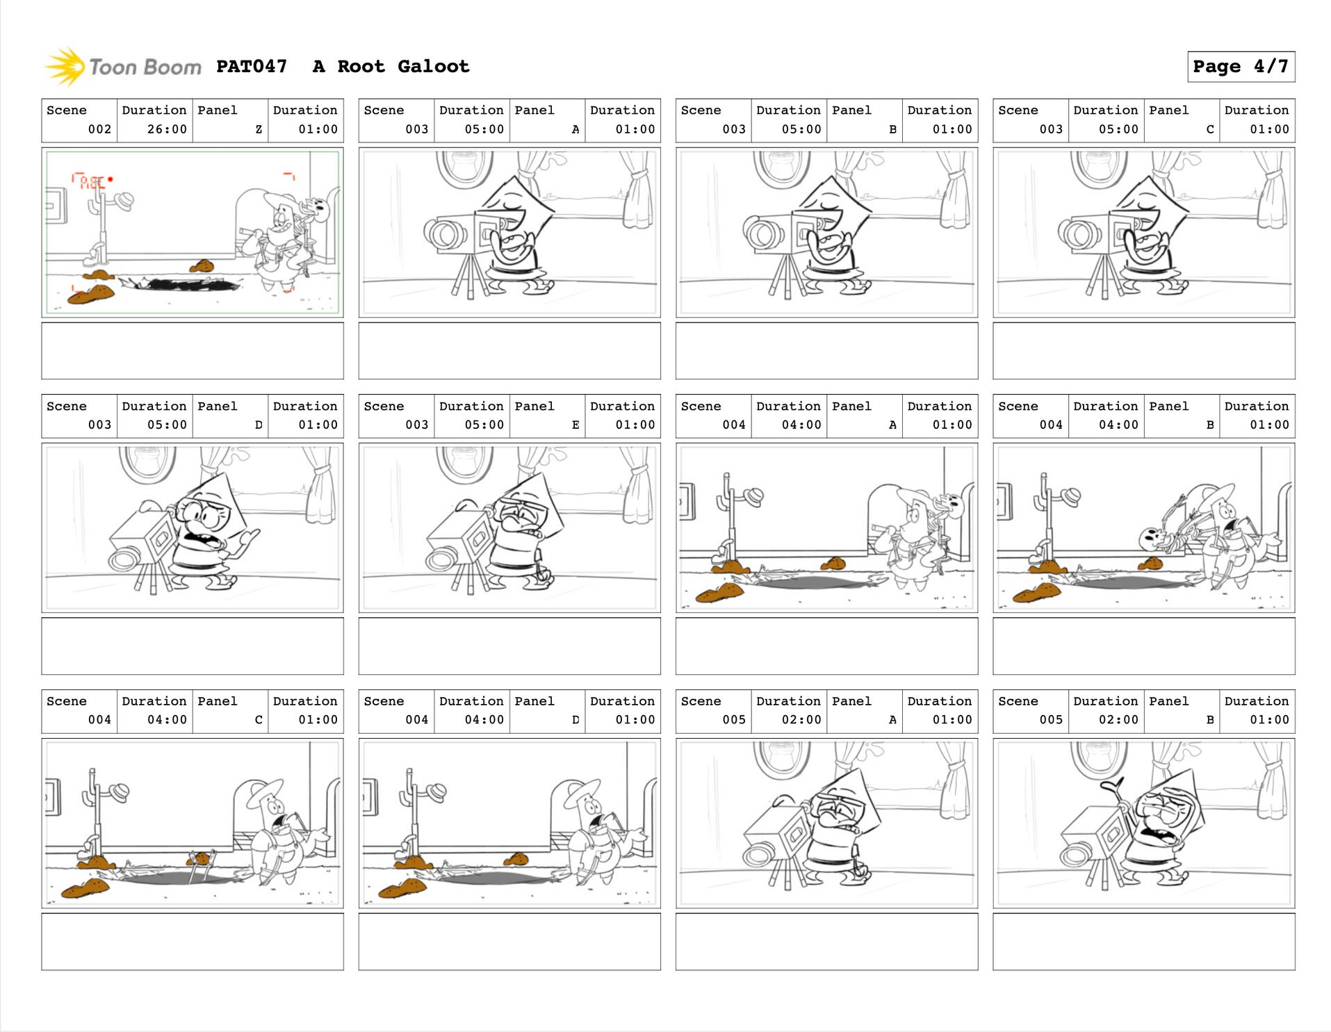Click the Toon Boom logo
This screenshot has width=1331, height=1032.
pyautogui.click(x=123, y=67)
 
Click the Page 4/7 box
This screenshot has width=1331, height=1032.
pyautogui.click(x=1241, y=67)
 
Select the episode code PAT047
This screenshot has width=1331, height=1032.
pyautogui.click(x=252, y=67)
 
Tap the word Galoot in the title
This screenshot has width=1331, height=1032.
pyautogui.click(x=434, y=67)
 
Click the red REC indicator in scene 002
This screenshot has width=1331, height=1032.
pyautogui.click(x=92, y=181)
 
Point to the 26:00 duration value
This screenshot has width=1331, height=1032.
pyautogui.click(x=167, y=129)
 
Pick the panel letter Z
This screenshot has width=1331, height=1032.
pyautogui.click(x=259, y=129)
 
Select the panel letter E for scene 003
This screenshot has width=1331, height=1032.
pyautogui.click(x=575, y=425)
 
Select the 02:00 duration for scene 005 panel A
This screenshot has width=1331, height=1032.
pyautogui.click(x=801, y=720)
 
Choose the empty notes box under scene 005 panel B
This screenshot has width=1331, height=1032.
pyautogui.click(x=1143, y=942)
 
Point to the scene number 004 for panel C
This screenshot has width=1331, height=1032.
pyautogui.click(x=99, y=720)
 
